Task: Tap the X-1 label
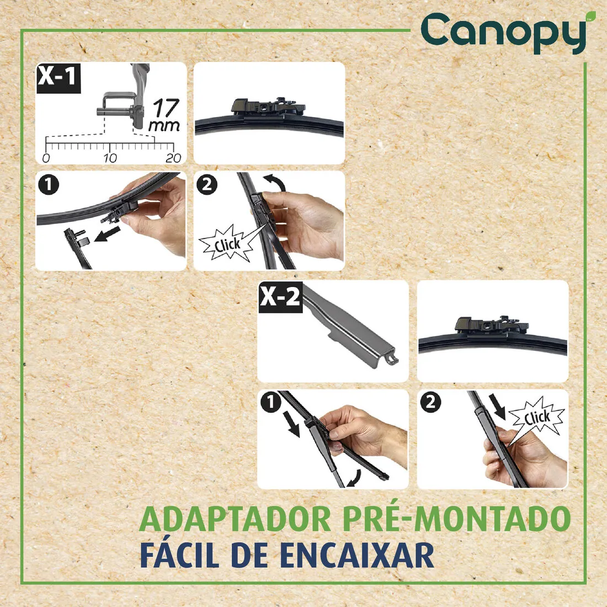coord(57,76)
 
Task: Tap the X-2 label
coord(280,297)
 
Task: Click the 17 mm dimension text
coord(164,115)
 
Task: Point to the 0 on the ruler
coord(46,158)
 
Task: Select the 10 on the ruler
coord(110,158)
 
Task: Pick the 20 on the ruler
coord(173,158)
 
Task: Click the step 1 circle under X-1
coord(49,185)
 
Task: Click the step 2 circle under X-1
coord(207,184)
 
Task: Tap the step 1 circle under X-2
coord(270,403)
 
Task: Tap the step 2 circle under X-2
coord(430,402)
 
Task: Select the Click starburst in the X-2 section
coord(536,417)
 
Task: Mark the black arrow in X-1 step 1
coord(108,235)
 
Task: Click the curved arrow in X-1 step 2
coord(275,182)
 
